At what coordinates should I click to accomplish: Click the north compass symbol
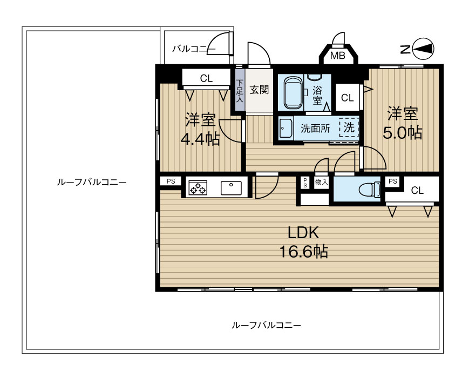click(423, 49)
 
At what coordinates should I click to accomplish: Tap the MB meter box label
click(338, 56)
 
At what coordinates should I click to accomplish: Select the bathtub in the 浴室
click(293, 92)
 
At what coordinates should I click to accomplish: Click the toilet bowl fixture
click(369, 190)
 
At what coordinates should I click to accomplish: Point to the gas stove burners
click(198, 188)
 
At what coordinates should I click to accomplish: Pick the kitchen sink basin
click(231, 188)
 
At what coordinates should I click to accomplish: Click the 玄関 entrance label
click(259, 90)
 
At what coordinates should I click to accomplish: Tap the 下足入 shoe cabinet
click(240, 90)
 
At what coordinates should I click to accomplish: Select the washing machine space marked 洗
click(349, 128)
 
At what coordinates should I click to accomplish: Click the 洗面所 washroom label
click(315, 129)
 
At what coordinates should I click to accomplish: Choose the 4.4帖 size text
click(200, 139)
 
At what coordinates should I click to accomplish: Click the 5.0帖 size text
click(402, 133)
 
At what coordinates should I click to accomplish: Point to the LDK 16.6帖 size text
click(303, 252)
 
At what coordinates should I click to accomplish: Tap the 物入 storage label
click(321, 181)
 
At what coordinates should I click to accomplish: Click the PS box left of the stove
click(171, 181)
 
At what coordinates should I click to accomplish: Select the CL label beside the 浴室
click(347, 98)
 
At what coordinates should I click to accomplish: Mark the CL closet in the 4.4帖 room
click(206, 78)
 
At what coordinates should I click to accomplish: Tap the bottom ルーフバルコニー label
click(266, 325)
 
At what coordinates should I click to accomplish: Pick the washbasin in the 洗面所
click(286, 129)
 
